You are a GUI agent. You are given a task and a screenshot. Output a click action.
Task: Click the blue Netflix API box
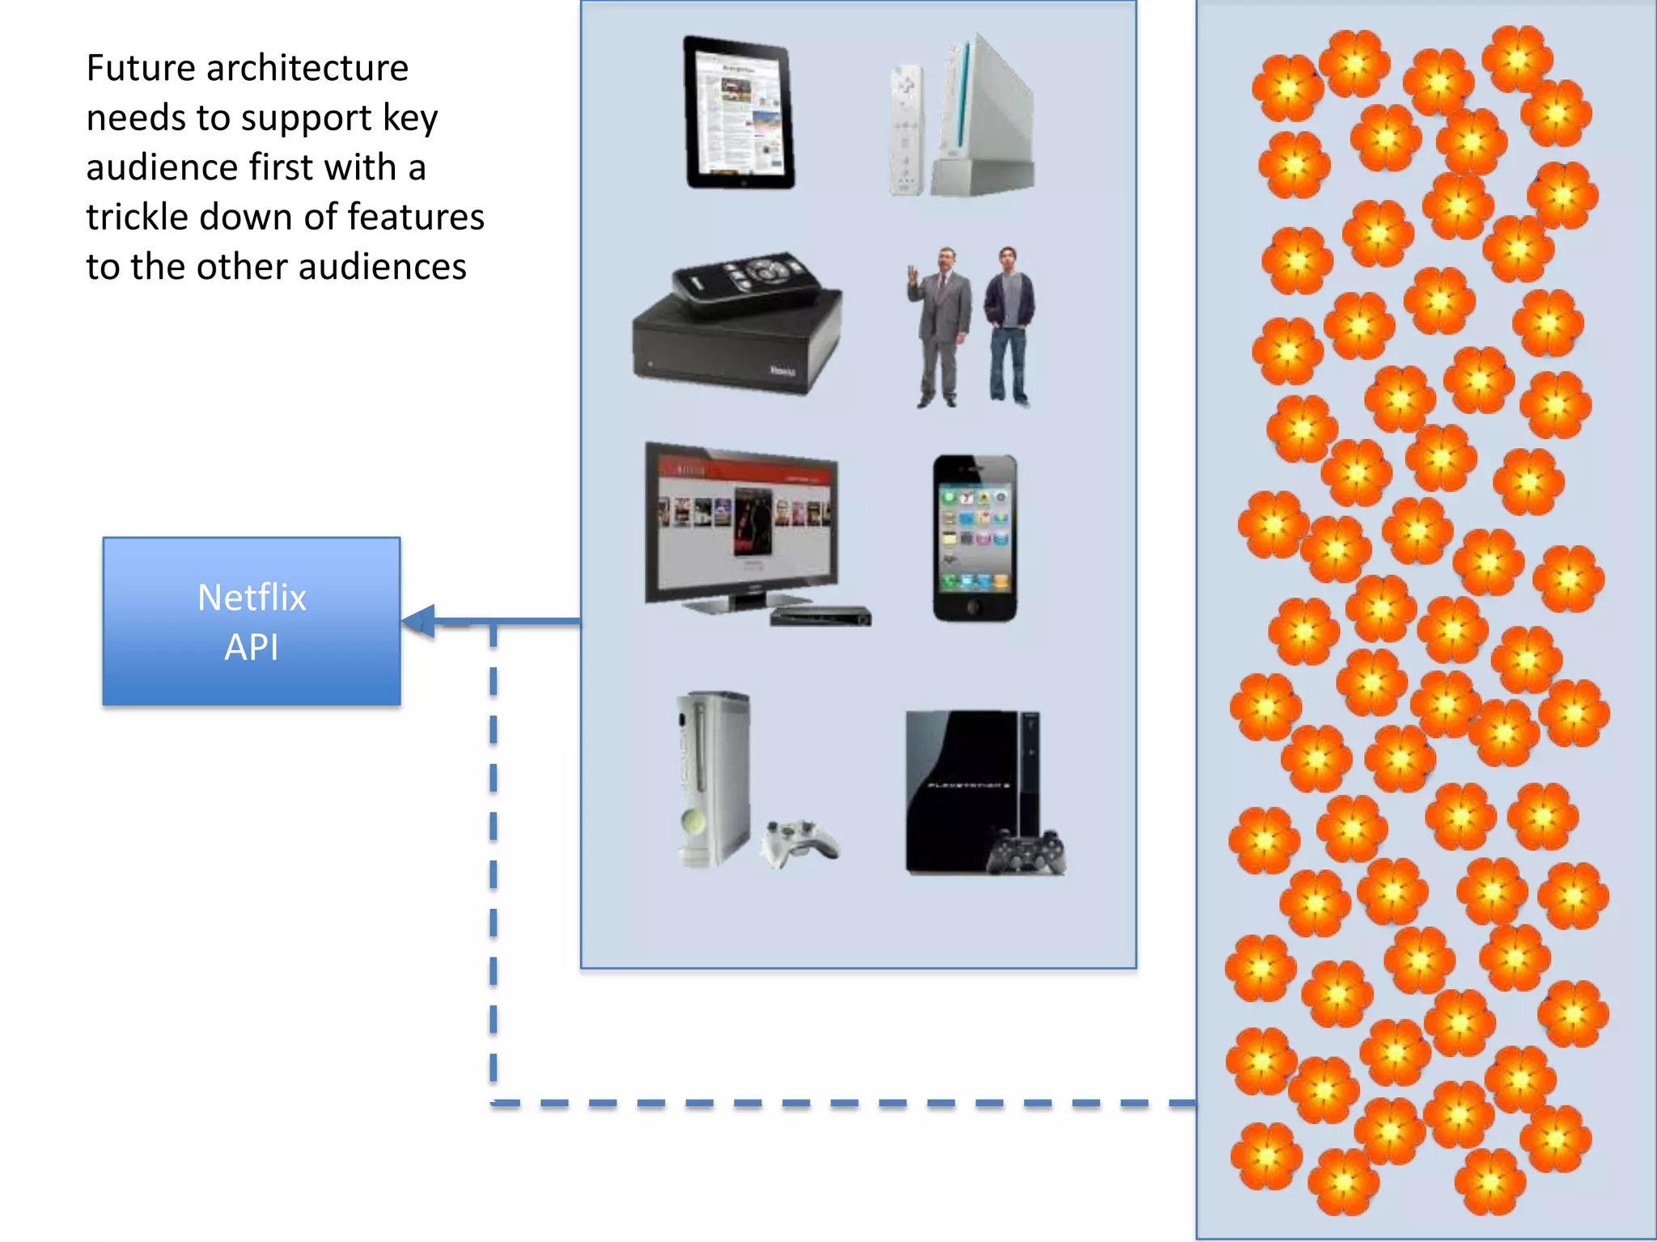coord(252,621)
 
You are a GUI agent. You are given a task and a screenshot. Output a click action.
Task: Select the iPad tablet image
coord(739,113)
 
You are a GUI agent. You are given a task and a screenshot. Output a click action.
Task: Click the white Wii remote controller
coord(906,129)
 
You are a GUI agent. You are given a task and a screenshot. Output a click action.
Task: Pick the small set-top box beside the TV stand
coord(820,616)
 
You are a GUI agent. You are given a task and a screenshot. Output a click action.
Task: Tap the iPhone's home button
coord(974,606)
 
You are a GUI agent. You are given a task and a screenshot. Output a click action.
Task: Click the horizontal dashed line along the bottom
coord(841,1103)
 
